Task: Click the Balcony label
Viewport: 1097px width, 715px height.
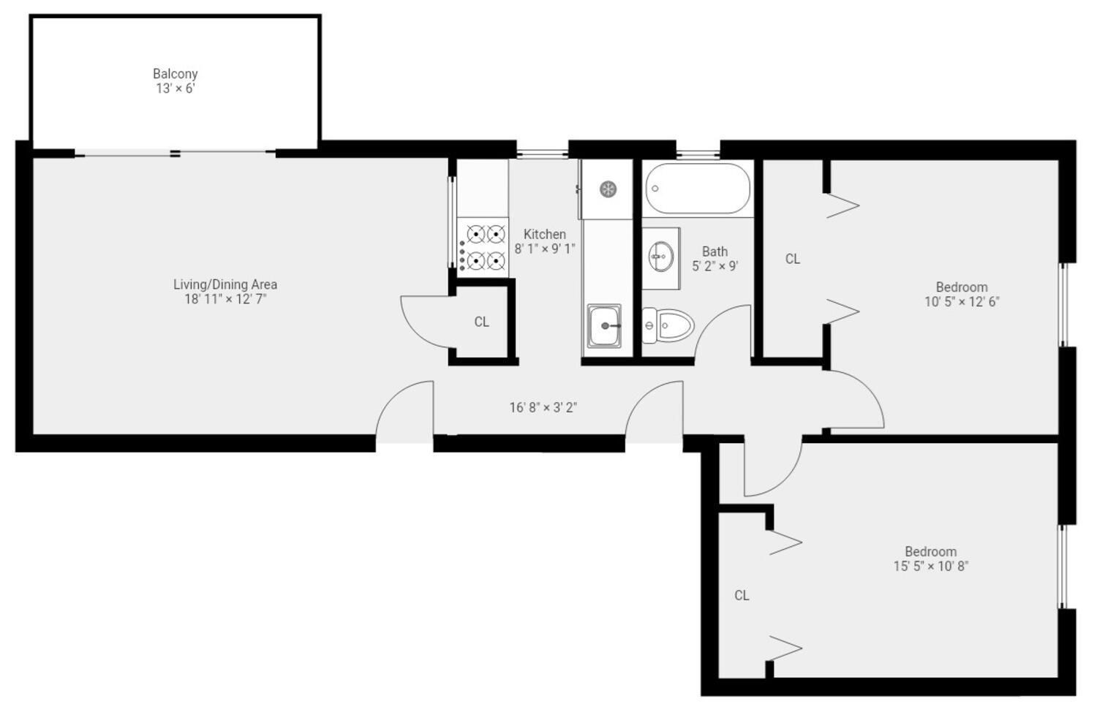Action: click(x=176, y=74)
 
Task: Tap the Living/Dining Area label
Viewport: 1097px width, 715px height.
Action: click(x=225, y=284)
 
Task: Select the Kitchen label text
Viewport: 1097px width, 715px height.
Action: click(x=545, y=234)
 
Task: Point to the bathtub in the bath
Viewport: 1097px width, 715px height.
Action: click(x=698, y=189)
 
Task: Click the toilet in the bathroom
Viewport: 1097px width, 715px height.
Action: click(x=668, y=325)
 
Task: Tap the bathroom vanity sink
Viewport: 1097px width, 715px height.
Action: click(x=660, y=256)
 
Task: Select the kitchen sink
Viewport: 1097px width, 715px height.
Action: click(x=605, y=325)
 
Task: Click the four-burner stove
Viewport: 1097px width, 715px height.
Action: click(x=483, y=246)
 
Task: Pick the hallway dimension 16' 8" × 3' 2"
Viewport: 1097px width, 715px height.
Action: click(x=543, y=407)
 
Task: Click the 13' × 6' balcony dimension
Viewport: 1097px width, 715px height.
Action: click(x=176, y=88)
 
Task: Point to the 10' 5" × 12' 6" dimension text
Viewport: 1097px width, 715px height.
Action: click(x=962, y=301)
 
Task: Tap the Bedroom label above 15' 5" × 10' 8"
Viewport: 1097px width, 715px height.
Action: click(x=930, y=551)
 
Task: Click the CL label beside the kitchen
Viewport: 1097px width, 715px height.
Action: click(x=481, y=322)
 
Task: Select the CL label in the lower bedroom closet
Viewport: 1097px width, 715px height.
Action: click(x=742, y=595)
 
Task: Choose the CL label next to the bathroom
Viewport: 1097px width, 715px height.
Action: click(x=793, y=259)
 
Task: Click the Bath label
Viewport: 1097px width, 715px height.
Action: click(x=715, y=251)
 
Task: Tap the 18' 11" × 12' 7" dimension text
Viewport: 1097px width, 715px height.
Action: click(x=225, y=299)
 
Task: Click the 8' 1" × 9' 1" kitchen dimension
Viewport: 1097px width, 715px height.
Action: click(x=545, y=249)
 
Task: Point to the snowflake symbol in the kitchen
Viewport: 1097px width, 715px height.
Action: click(x=608, y=189)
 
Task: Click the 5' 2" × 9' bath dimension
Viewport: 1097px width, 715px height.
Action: click(x=715, y=266)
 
